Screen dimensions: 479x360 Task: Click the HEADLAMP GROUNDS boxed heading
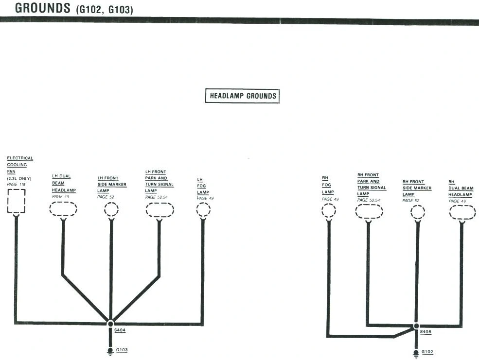click(242, 96)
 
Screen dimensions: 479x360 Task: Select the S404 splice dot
click(110, 324)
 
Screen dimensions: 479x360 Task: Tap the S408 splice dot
click(416, 326)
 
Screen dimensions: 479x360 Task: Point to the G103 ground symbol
click(110, 351)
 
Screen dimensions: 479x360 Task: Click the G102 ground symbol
click(416, 354)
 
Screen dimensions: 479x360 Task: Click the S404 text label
click(120, 330)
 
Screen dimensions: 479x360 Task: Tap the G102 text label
click(427, 352)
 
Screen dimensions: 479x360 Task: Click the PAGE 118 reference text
click(16, 185)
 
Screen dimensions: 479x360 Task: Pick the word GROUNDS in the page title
click(42, 8)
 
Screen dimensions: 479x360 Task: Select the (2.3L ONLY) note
click(19, 178)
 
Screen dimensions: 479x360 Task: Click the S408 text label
click(426, 332)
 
